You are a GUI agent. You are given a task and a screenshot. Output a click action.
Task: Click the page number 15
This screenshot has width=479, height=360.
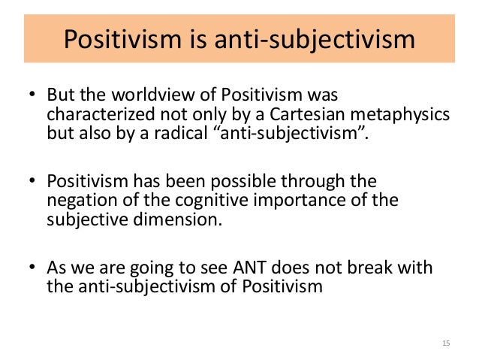coord(446,343)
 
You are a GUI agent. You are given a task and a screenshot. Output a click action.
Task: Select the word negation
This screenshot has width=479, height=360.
coord(77,201)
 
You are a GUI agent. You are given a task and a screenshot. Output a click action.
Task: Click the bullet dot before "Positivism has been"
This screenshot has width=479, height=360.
coord(33,183)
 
